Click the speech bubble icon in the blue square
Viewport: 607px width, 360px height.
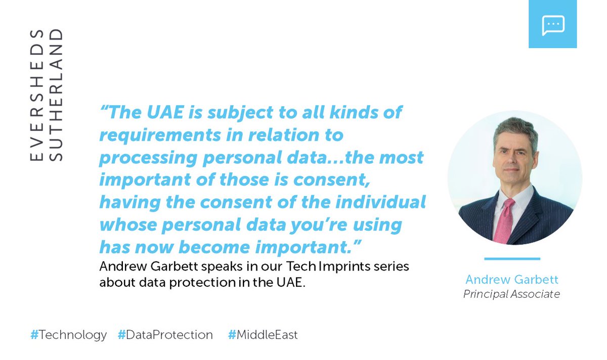(552, 25)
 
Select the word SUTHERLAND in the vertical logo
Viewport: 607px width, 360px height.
(57, 95)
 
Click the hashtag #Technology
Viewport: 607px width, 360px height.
(68, 335)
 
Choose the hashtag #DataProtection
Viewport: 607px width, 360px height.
(165, 335)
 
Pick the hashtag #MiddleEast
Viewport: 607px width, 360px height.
(263, 335)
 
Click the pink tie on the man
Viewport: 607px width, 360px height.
(504, 220)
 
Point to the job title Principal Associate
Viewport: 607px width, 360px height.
(511, 294)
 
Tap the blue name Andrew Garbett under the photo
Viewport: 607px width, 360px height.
(511, 280)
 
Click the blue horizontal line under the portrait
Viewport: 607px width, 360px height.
(512, 259)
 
